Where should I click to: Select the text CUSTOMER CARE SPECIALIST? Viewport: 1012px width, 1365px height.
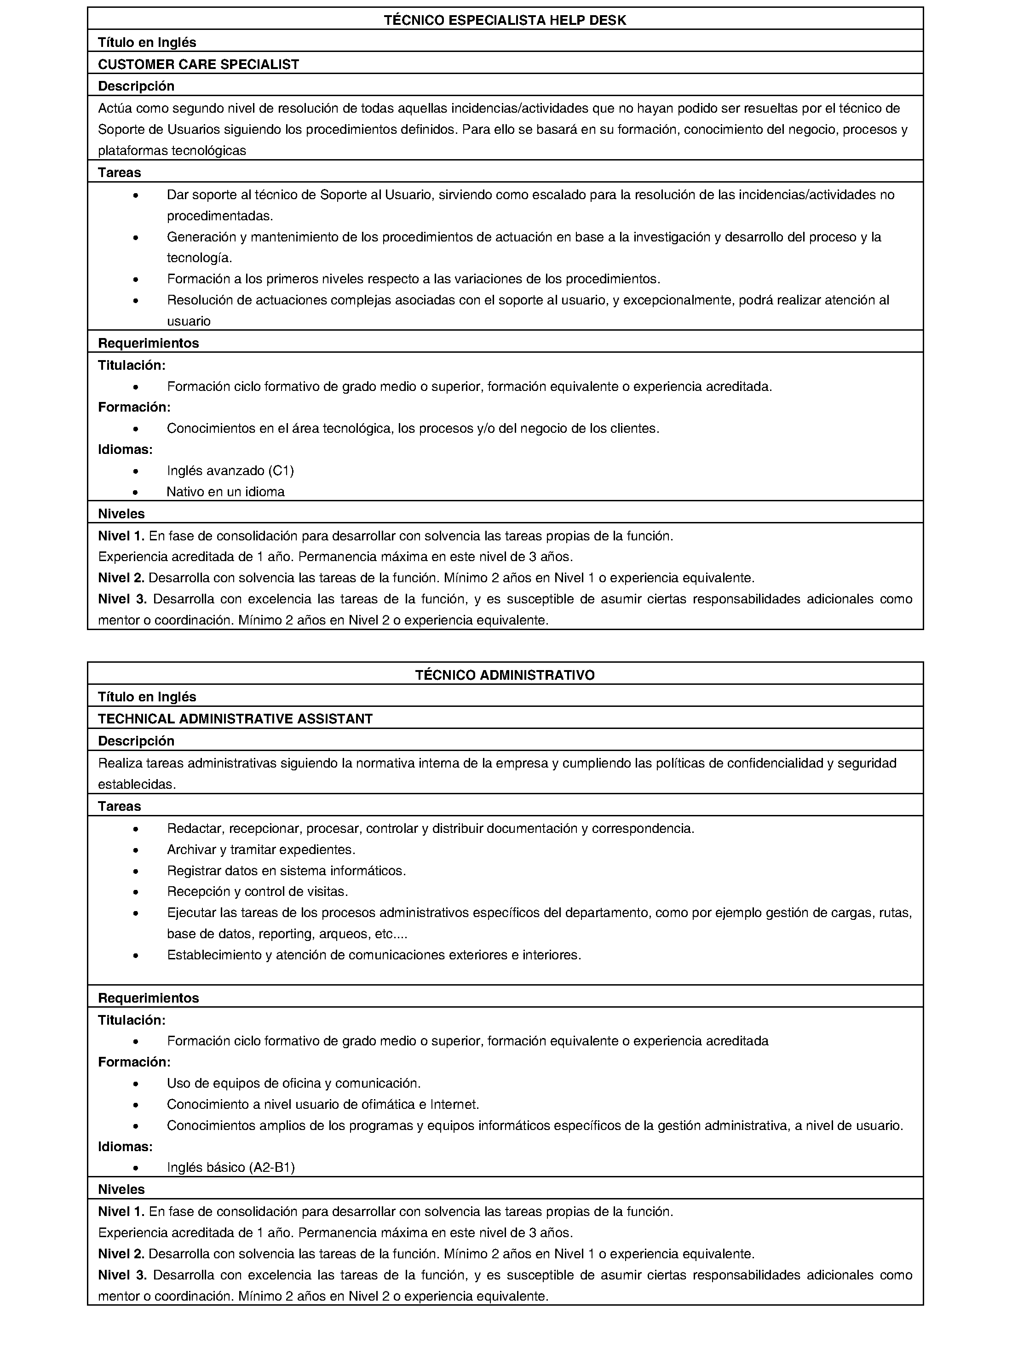tap(198, 64)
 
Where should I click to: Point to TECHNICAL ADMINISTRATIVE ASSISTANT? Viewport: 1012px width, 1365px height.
tap(235, 719)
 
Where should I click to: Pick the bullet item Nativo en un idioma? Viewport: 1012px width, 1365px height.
tap(225, 492)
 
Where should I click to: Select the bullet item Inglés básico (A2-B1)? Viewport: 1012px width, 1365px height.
tap(231, 1167)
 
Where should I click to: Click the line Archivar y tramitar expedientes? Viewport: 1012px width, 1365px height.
tap(261, 849)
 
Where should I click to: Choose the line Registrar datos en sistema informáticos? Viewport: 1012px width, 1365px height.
tap(286, 870)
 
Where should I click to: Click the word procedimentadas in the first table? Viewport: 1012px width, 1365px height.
tap(220, 216)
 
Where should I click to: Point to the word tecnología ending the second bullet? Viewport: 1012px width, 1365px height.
tap(199, 258)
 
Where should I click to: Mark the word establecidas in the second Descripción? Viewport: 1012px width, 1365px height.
tap(137, 785)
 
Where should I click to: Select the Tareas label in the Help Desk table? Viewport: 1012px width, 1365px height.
tap(120, 172)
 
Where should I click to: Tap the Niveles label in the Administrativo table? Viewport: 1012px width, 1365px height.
tap(121, 1189)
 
